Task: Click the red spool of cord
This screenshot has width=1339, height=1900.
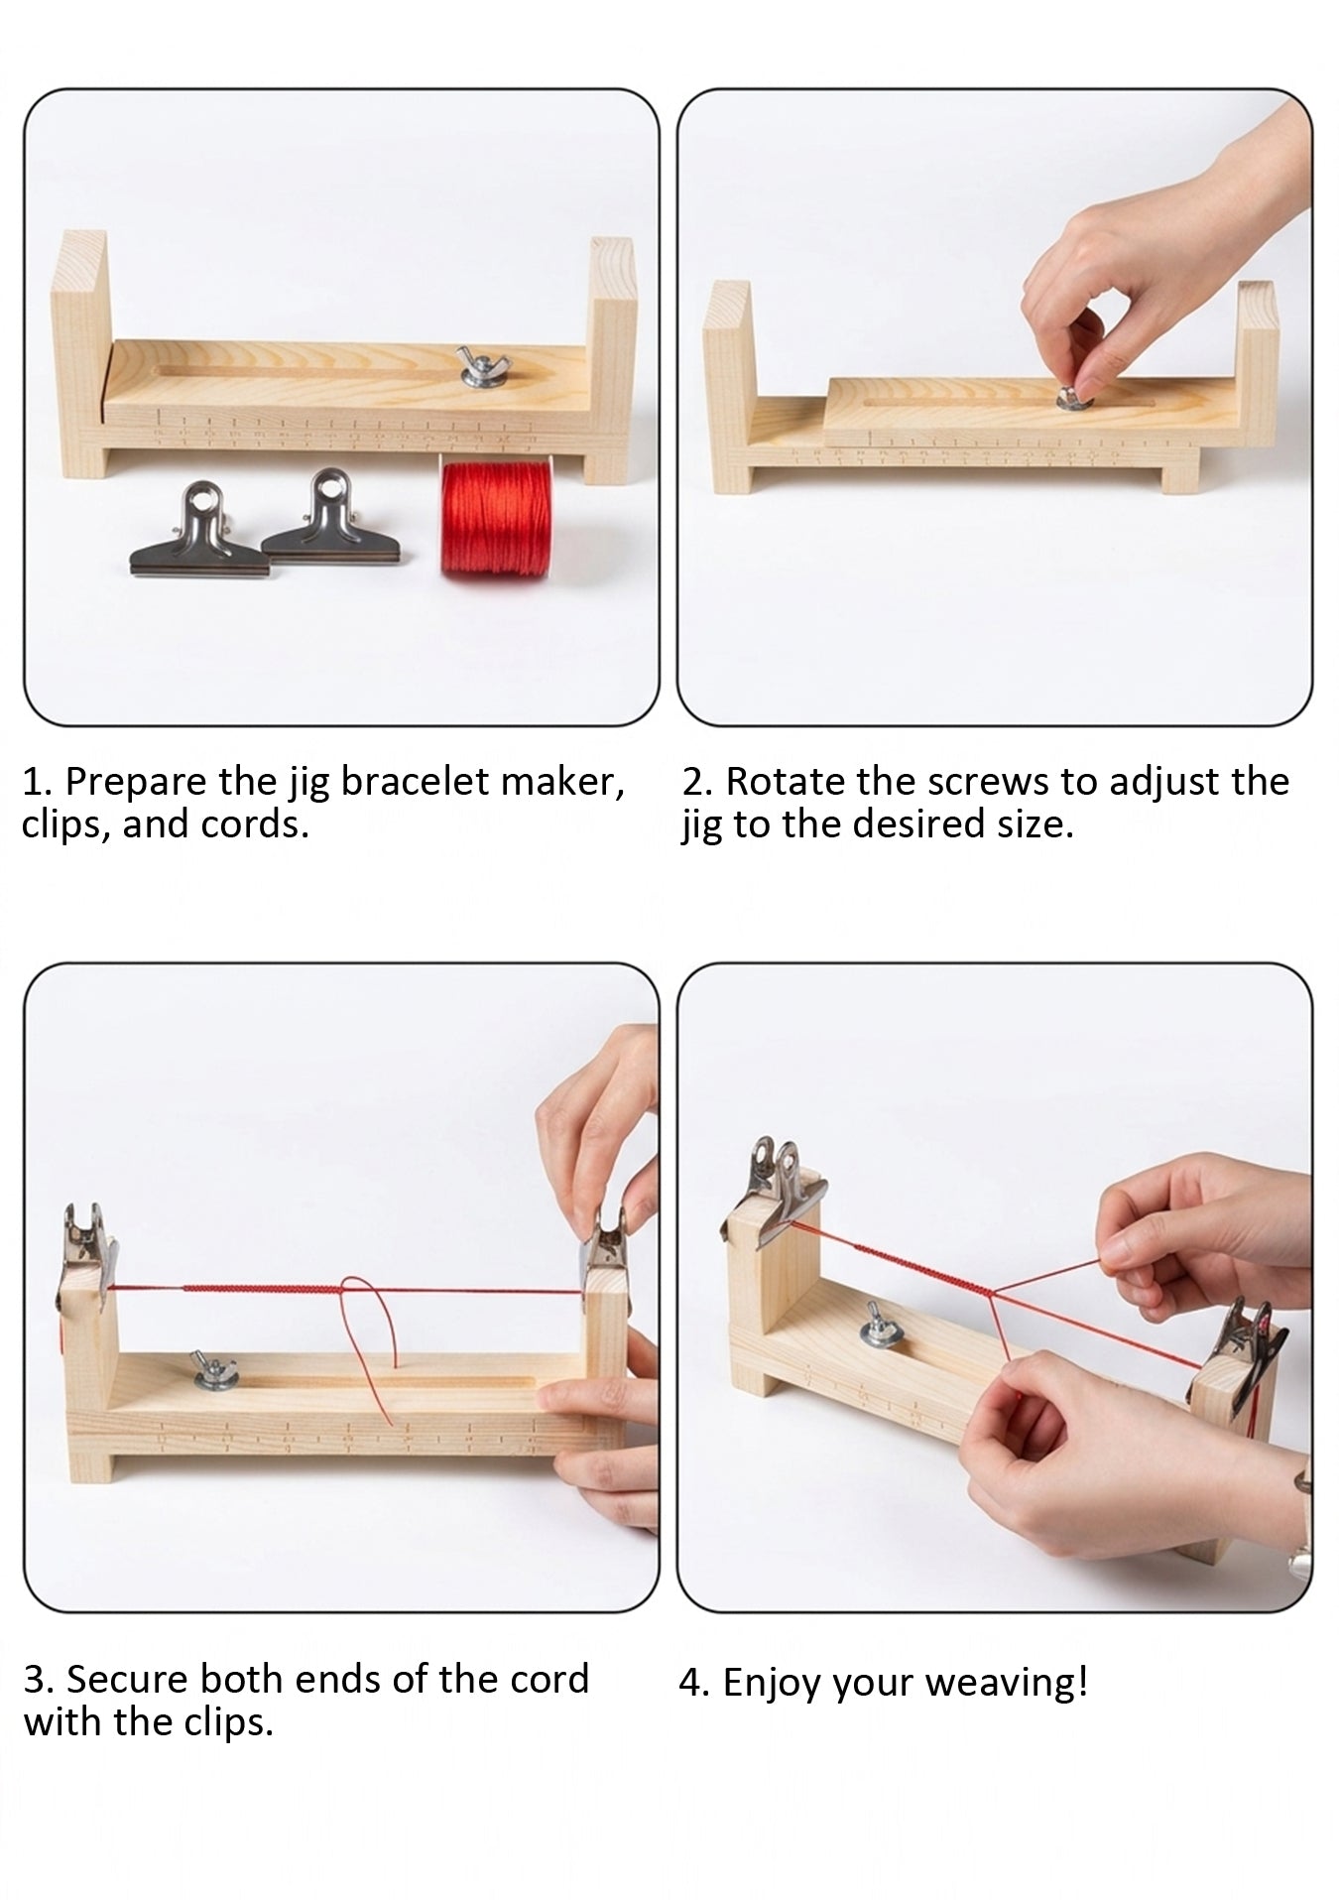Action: coord(492,519)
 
